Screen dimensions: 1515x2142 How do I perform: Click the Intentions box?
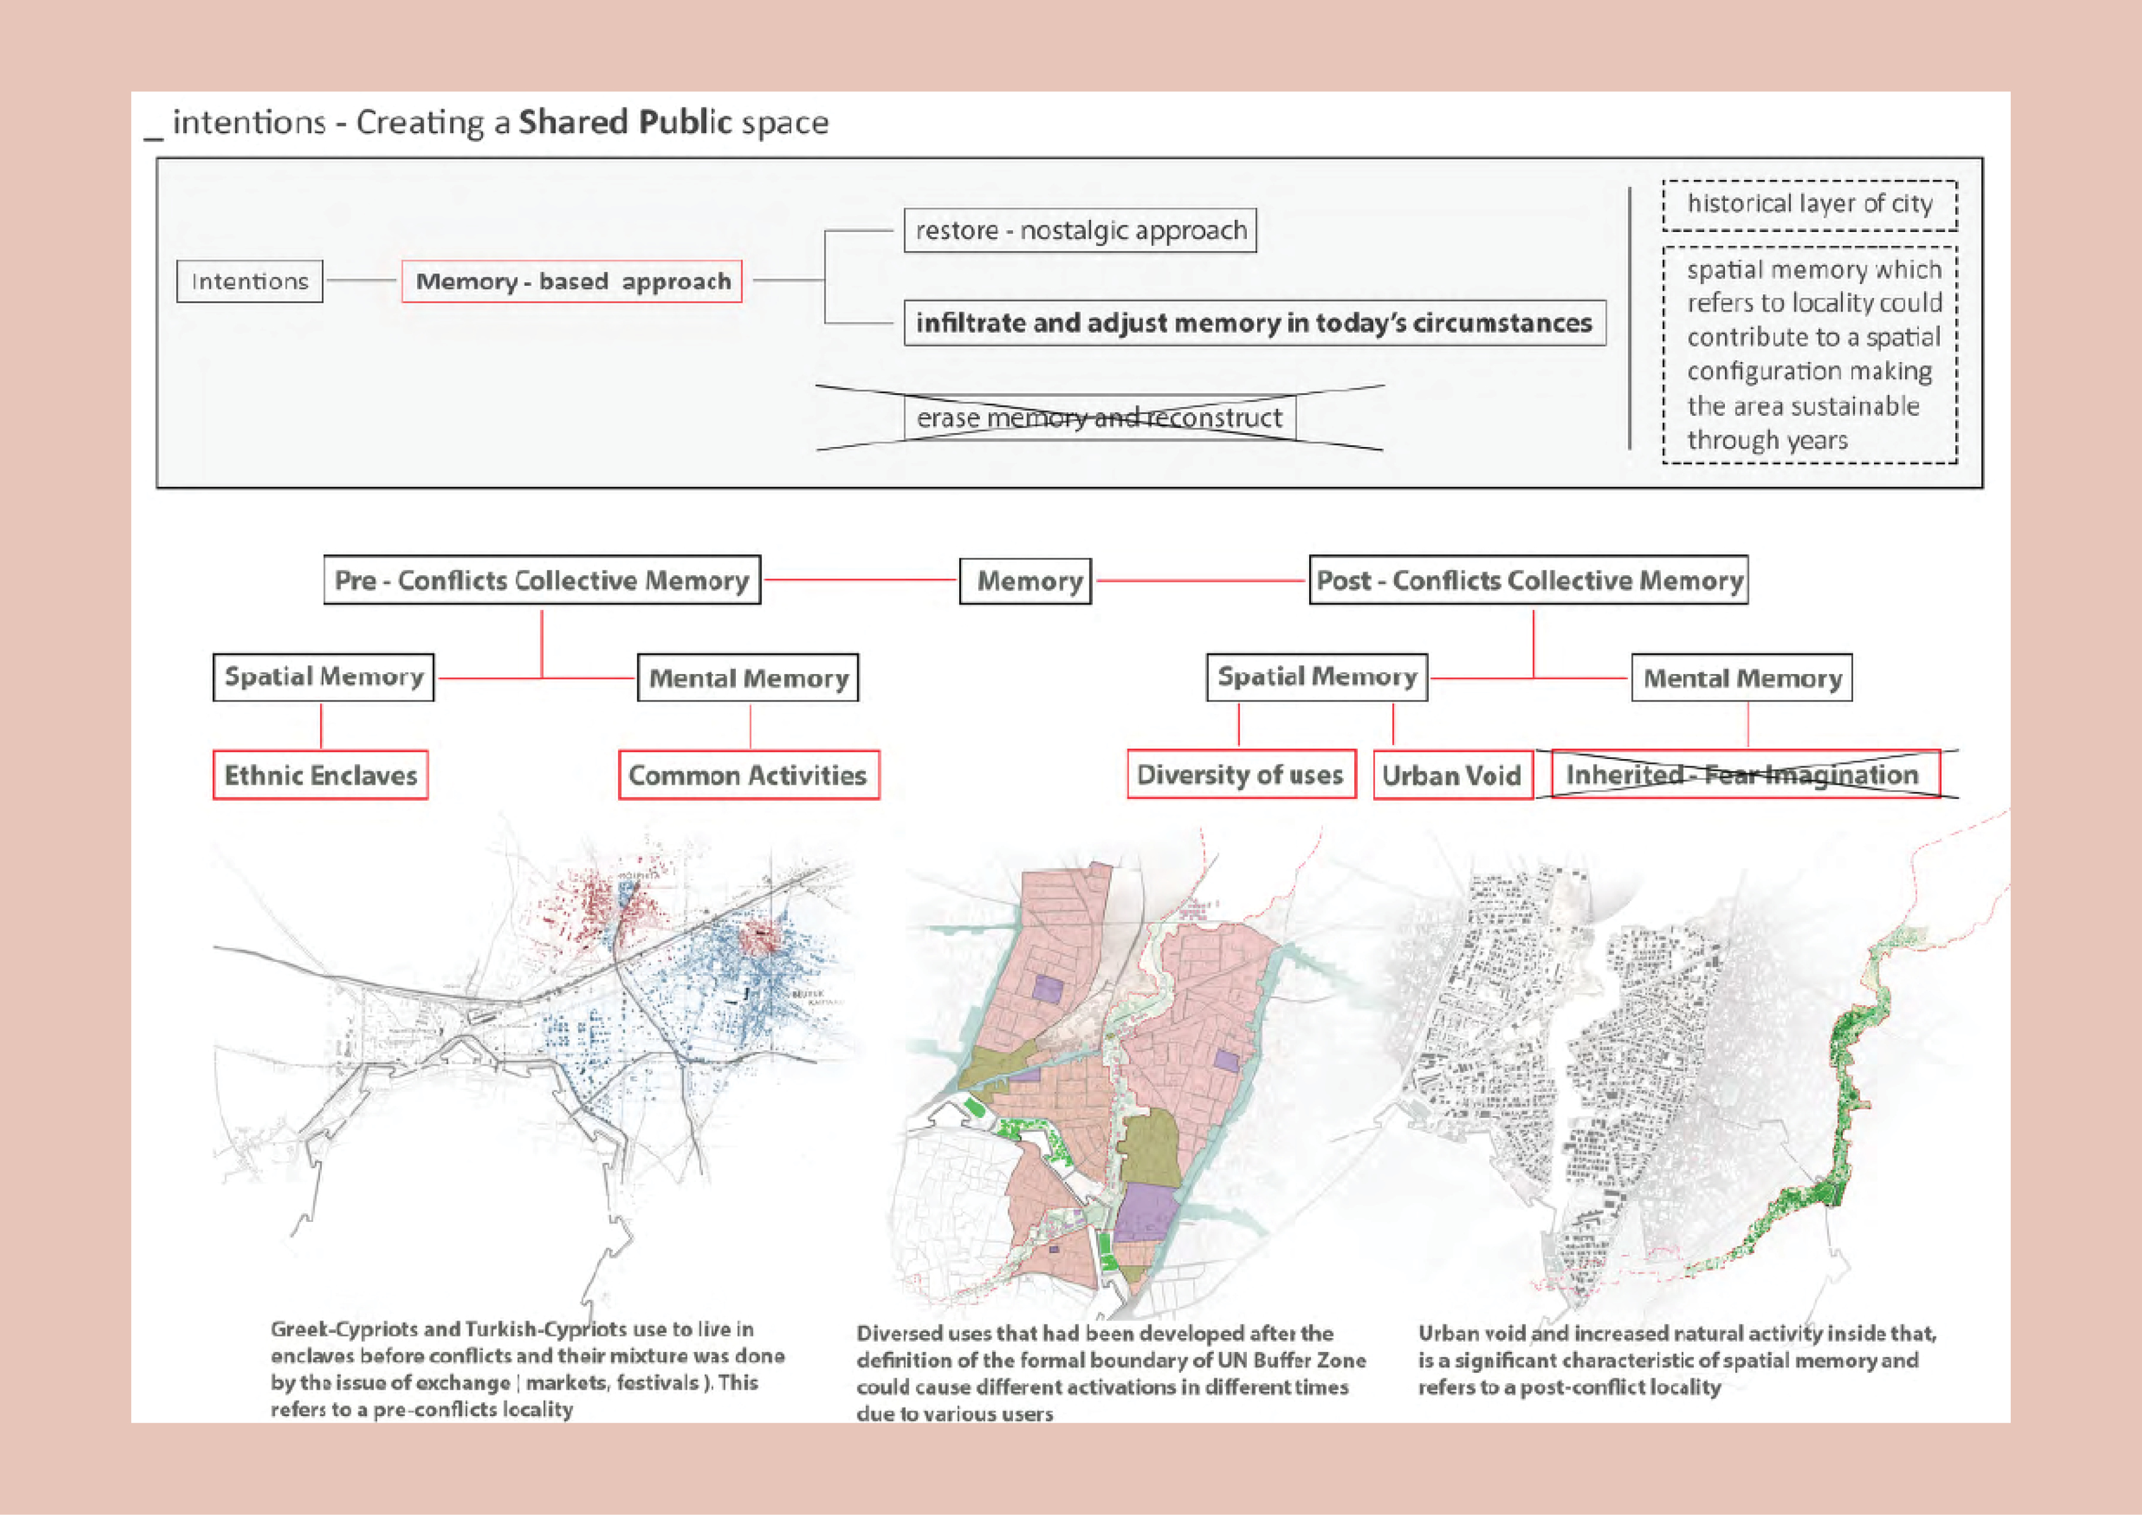point(249,282)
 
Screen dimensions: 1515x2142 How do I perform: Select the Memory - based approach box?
point(572,282)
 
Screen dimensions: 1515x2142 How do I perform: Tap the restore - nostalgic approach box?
point(1080,230)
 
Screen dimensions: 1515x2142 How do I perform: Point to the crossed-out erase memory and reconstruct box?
point(1099,418)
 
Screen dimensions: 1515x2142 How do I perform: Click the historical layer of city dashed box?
point(1809,205)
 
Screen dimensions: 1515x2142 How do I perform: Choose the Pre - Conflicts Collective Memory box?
point(542,580)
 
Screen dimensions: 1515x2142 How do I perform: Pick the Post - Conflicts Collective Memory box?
point(1528,580)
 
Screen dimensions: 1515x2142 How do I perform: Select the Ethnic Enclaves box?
point(321,776)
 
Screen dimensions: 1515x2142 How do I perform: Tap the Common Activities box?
point(748,776)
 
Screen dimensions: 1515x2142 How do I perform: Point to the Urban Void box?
point(1451,776)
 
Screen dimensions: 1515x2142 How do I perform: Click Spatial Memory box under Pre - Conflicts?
point(324,677)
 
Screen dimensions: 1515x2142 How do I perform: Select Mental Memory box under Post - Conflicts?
point(1742,678)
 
